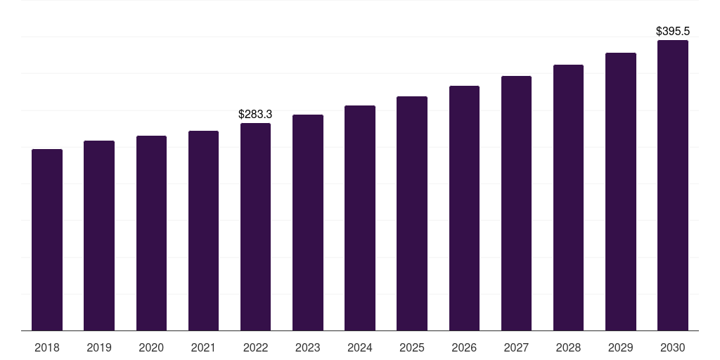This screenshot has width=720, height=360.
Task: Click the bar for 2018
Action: (x=47, y=240)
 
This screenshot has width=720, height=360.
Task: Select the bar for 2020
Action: (x=151, y=233)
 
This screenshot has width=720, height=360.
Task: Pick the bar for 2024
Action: (x=360, y=218)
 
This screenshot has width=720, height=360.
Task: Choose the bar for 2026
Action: (x=464, y=208)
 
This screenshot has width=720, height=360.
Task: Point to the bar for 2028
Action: (x=568, y=198)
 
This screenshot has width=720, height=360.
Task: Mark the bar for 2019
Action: (x=99, y=236)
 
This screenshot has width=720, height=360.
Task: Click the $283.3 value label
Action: (x=255, y=114)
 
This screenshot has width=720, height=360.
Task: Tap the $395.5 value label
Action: (x=672, y=32)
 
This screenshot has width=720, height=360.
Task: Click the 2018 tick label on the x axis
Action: (x=47, y=347)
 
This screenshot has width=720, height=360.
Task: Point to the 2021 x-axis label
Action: (x=203, y=347)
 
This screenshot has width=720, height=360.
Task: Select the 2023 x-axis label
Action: (x=308, y=347)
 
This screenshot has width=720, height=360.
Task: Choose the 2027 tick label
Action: (x=516, y=347)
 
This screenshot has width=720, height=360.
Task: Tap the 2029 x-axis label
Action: (x=620, y=347)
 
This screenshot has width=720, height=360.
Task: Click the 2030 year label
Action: (x=672, y=347)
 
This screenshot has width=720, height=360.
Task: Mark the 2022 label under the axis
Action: (x=255, y=347)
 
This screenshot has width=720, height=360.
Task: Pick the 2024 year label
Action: (x=360, y=347)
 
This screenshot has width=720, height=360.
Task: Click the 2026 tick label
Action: (x=464, y=347)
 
